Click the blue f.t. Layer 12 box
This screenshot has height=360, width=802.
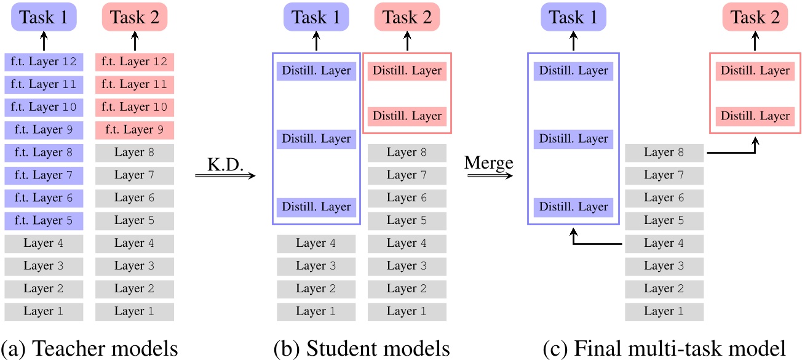tap(43, 62)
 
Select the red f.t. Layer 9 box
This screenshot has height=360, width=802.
tap(134, 130)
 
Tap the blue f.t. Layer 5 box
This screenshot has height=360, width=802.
tap(43, 220)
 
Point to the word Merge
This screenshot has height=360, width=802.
tap(488, 162)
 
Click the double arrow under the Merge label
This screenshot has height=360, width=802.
tap(488, 176)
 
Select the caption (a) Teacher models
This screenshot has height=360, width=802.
tap(89, 348)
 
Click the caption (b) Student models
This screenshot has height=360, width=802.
tap(362, 348)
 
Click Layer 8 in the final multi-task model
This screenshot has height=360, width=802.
tap(664, 153)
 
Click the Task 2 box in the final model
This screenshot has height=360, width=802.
tap(755, 18)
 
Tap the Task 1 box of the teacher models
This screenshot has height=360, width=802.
tap(43, 18)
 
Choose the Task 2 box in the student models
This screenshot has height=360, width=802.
tap(407, 18)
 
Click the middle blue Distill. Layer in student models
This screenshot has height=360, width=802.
tap(316, 139)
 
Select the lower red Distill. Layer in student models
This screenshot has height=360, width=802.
tap(407, 116)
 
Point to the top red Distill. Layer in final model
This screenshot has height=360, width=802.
tap(755, 71)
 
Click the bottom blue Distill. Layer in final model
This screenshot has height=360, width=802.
tap(573, 207)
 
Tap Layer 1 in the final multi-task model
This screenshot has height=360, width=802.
tap(664, 311)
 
